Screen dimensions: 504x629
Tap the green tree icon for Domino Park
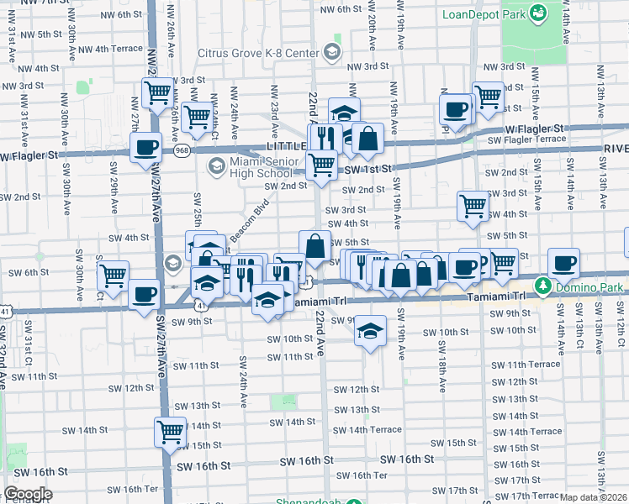tap(544, 287)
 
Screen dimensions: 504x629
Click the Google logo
tap(28, 494)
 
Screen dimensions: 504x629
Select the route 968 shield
tap(182, 150)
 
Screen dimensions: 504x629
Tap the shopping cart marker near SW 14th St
tap(170, 431)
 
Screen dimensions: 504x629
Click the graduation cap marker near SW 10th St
tap(368, 330)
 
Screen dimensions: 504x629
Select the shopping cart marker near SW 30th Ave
tap(113, 274)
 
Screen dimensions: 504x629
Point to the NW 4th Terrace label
tap(117, 49)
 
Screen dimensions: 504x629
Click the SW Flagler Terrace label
tap(528, 139)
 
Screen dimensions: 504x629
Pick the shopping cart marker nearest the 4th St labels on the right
tap(473, 205)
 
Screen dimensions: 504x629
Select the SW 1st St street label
tap(368, 169)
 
